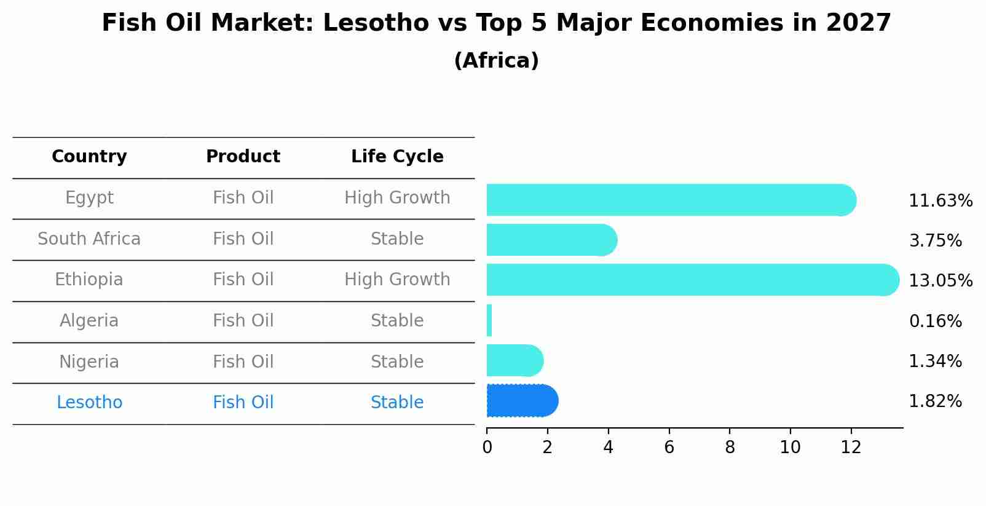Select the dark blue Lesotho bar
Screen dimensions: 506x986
521,401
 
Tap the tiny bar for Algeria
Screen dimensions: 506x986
489,320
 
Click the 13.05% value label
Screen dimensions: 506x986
940,281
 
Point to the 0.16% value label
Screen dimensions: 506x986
935,322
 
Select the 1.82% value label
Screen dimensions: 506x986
935,401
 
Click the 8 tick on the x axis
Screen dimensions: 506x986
730,448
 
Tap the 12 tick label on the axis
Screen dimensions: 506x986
851,448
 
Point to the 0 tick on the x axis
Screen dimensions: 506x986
487,448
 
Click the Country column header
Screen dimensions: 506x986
89,157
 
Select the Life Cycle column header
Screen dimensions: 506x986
397,157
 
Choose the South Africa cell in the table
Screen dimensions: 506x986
89,239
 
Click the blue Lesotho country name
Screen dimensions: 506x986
89,403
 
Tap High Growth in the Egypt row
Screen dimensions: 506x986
397,198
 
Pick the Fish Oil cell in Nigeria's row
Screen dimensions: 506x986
243,362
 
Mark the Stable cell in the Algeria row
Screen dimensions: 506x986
397,321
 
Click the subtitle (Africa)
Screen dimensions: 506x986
496,61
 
